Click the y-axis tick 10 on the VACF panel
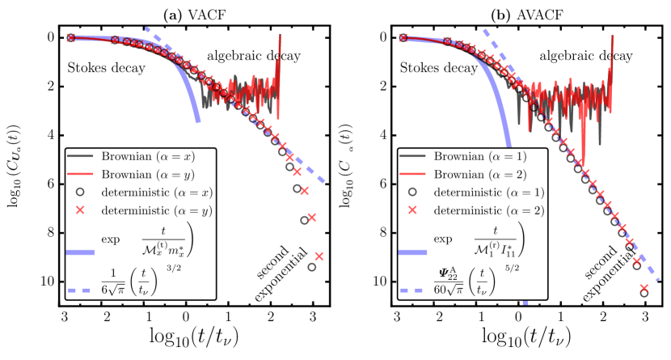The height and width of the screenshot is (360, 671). pos(49,281)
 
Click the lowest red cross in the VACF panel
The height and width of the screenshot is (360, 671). pos(319,256)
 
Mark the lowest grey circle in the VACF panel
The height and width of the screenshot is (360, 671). pos(312,267)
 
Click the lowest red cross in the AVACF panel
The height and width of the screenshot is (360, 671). pos(644,288)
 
